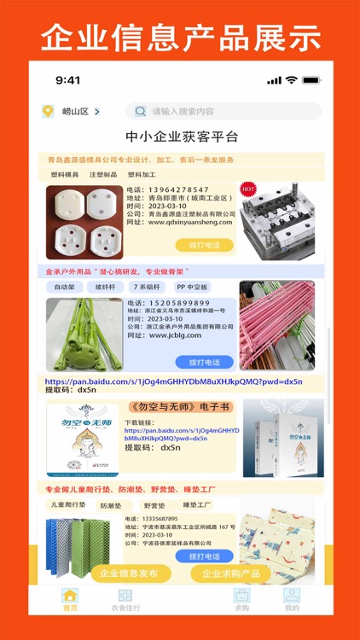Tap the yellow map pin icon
(x=47, y=111)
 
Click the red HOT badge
(x=248, y=187)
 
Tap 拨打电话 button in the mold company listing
(x=204, y=245)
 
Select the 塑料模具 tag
(x=65, y=174)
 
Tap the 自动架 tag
(x=65, y=288)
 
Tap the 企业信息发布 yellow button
(x=125, y=573)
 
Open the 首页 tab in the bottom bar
(x=70, y=599)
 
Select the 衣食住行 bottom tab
(x=125, y=599)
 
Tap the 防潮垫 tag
(x=111, y=506)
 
